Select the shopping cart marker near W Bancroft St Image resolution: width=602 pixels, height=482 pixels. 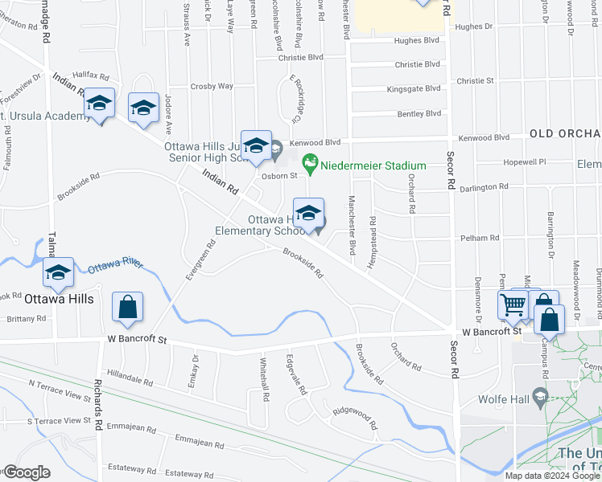coord(513,306)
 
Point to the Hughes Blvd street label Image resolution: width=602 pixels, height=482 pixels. coord(416,39)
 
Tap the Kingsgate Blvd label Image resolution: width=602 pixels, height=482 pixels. coord(414,89)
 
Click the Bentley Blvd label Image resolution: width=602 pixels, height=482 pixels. coord(419,114)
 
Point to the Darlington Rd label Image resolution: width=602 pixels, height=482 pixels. coord(486,186)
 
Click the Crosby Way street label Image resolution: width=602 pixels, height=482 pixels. coord(212,86)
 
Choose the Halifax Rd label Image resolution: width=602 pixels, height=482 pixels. coord(90,75)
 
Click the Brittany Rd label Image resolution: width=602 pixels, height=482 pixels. coord(28,319)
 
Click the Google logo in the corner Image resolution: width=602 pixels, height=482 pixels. coord(27,472)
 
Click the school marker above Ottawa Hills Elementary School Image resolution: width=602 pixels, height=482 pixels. coord(308,214)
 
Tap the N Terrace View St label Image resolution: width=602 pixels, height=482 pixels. coord(60,390)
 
